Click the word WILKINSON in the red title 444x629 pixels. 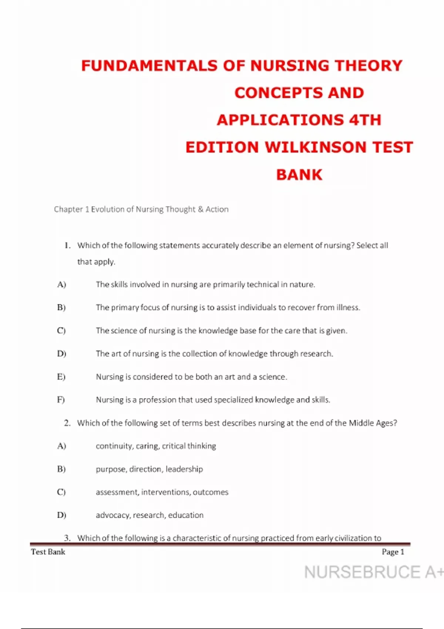pyautogui.click(x=316, y=147)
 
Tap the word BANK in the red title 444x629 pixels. pyautogui.click(x=299, y=175)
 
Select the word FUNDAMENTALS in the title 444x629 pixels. pyautogui.click(x=149, y=66)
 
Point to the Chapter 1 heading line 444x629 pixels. pyautogui.click(x=141, y=209)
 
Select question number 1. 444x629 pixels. pyautogui.click(x=67, y=245)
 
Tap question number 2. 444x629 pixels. pyautogui.click(x=67, y=423)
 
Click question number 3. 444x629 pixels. pyautogui.click(x=67, y=538)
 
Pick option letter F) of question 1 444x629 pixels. pyautogui.click(x=61, y=400)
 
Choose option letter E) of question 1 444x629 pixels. pyautogui.click(x=61, y=377)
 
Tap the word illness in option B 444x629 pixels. pyautogui.click(x=348, y=307)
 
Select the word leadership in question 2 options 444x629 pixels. pyautogui.click(x=184, y=469)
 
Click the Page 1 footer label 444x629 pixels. pyautogui.click(x=393, y=552)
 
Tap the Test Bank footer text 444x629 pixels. pyautogui.click(x=48, y=552)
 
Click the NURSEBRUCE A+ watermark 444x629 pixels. pyautogui.click(x=373, y=572)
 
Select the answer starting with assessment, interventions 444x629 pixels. pyautogui.click(x=162, y=492)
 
